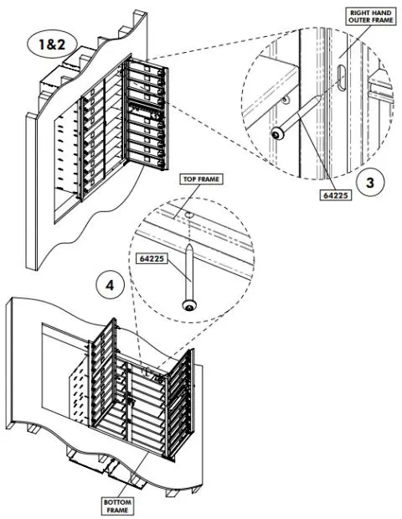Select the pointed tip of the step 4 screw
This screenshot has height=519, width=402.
(x=192, y=246)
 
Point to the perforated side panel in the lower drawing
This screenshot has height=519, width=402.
(x=80, y=390)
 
